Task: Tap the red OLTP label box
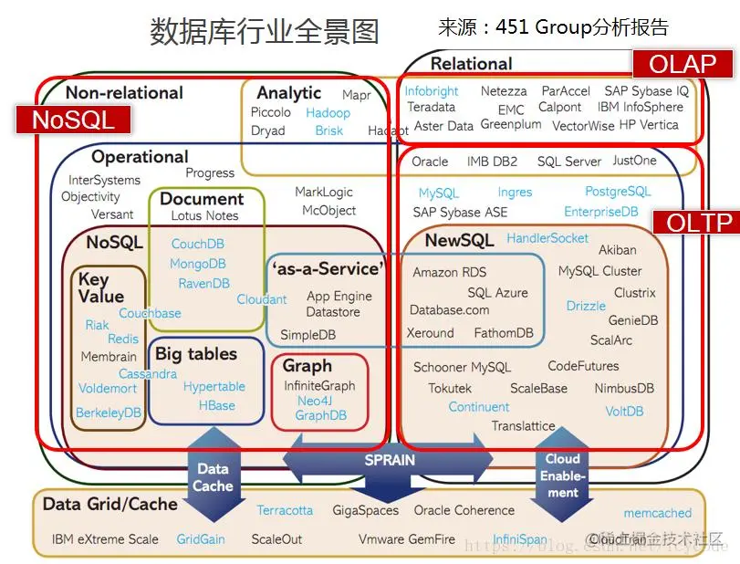(x=693, y=223)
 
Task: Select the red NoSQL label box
(x=74, y=120)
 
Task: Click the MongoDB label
(x=198, y=264)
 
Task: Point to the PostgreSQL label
(x=618, y=192)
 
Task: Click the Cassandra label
(x=148, y=373)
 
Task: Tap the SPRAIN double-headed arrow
(x=390, y=462)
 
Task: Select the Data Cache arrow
(x=213, y=474)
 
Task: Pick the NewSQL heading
(x=460, y=240)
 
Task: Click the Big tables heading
(x=195, y=354)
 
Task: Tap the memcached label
(x=658, y=513)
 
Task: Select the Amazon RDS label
(x=450, y=272)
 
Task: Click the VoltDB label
(x=624, y=412)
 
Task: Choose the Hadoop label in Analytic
(x=328, y=112)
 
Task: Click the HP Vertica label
(x=649, y=125)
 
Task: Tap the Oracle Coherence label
(x=470, y=510)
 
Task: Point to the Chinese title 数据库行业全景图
(x=265, y=32)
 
